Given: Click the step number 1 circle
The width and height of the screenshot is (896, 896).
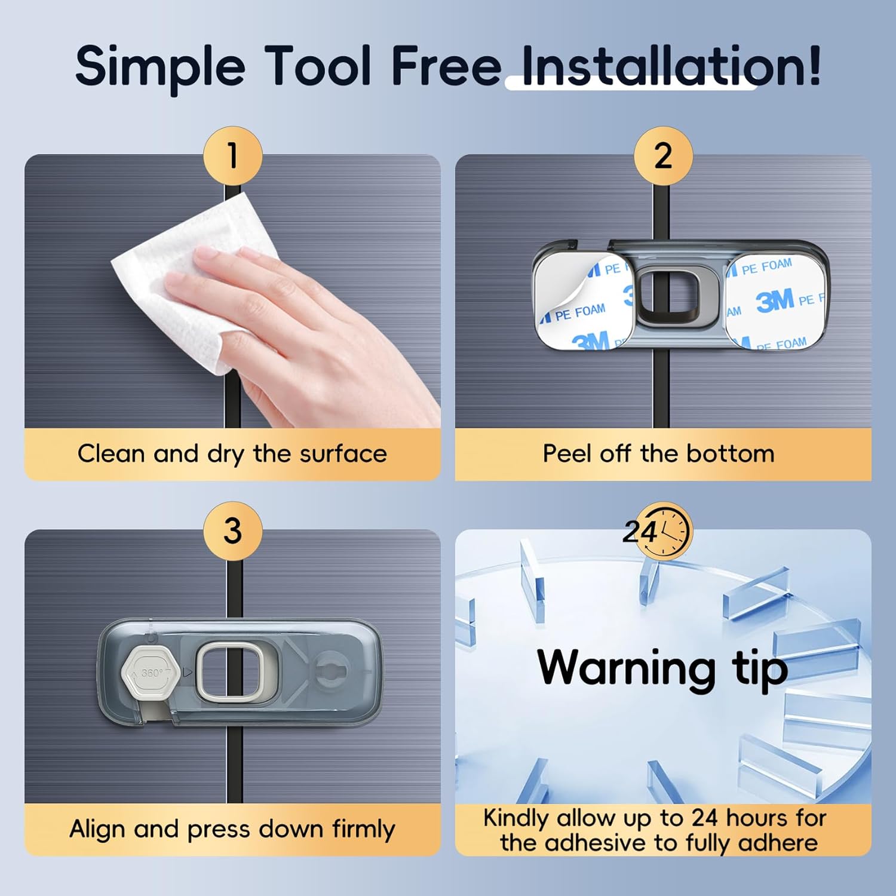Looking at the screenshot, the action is point(233,156).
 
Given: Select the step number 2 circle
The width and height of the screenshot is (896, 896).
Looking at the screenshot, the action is point(663,156).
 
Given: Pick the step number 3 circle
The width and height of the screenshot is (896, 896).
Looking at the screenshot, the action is point(233,531).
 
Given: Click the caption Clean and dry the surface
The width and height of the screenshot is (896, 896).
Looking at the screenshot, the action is point(232,454).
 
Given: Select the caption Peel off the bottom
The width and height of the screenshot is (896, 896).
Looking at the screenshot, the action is point(658,453).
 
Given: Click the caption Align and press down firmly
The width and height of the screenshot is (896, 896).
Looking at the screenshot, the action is point(232,829).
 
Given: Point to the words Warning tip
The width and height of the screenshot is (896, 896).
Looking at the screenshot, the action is point(662,668).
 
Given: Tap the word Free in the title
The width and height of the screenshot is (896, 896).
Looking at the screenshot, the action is point(446,66).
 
